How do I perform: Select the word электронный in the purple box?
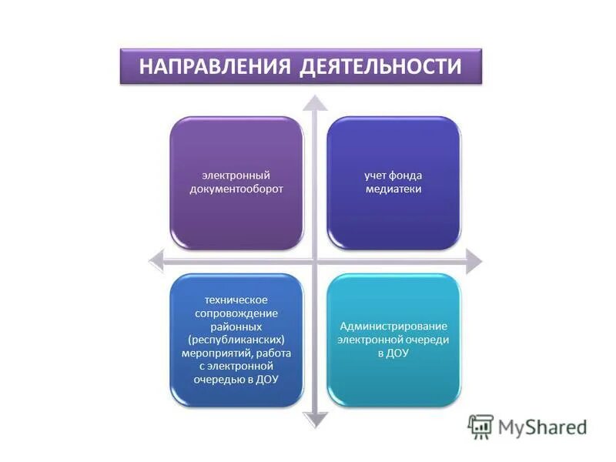236,176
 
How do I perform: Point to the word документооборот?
236,189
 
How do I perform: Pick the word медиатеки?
393,189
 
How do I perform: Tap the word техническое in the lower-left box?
236,300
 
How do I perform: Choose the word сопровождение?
236,313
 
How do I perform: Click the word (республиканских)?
236,340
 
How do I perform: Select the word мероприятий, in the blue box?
222,353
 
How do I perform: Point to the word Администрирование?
393,326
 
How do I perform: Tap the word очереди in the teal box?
427,340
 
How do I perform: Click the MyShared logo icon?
480,427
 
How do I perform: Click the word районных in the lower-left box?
236,326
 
